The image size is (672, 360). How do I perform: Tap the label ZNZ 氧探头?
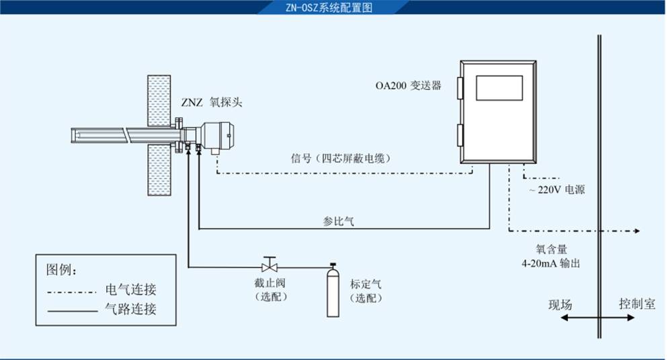pyautogui.click(x=211, y=102)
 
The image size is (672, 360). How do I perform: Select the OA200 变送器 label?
pyautogui.click(x=408, y=86)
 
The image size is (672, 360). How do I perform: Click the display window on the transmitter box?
pyautogui.click(x=499, y=88)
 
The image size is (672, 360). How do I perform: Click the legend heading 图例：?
pyautogui.click(x=61, y=270)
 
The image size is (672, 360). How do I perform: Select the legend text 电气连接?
pyautogui.click(x=131, y=290)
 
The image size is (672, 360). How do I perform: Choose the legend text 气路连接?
pyautogui.click(x=131, y=310)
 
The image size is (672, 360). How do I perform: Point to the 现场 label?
pyautogui.click(x=560, y=304)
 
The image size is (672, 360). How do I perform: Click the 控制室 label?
pyautogui.click(x=636, y=304)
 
